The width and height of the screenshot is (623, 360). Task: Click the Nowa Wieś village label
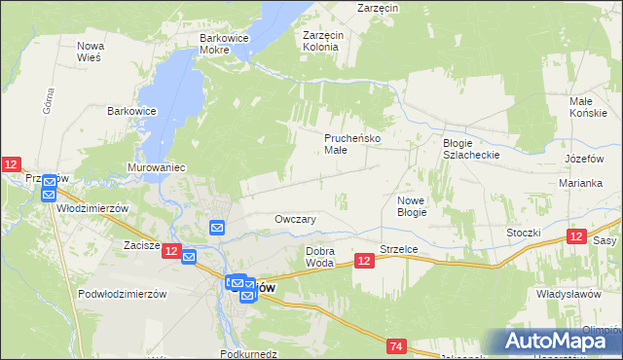pyautogui.click(x=90, y=52)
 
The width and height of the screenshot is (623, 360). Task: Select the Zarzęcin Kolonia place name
pyautogui.click(x=321, y=40)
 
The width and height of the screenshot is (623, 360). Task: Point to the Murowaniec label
pyautogui.click(x=156, y=167)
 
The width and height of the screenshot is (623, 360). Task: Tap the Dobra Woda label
pyautogui.click(x=320, y=257)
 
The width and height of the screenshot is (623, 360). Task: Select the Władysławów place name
pyautogui.click(x=568, y=293)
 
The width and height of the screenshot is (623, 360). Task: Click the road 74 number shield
pyautogui.click(x=395, y=345)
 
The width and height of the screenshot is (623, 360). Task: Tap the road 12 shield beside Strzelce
pyautogui.click(x=364, y=261)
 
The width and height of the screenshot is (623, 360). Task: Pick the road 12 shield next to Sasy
pyautogui.click(x=575, y=237)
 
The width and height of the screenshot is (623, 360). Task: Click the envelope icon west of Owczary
pyautogui.click(x=217, y=228)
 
